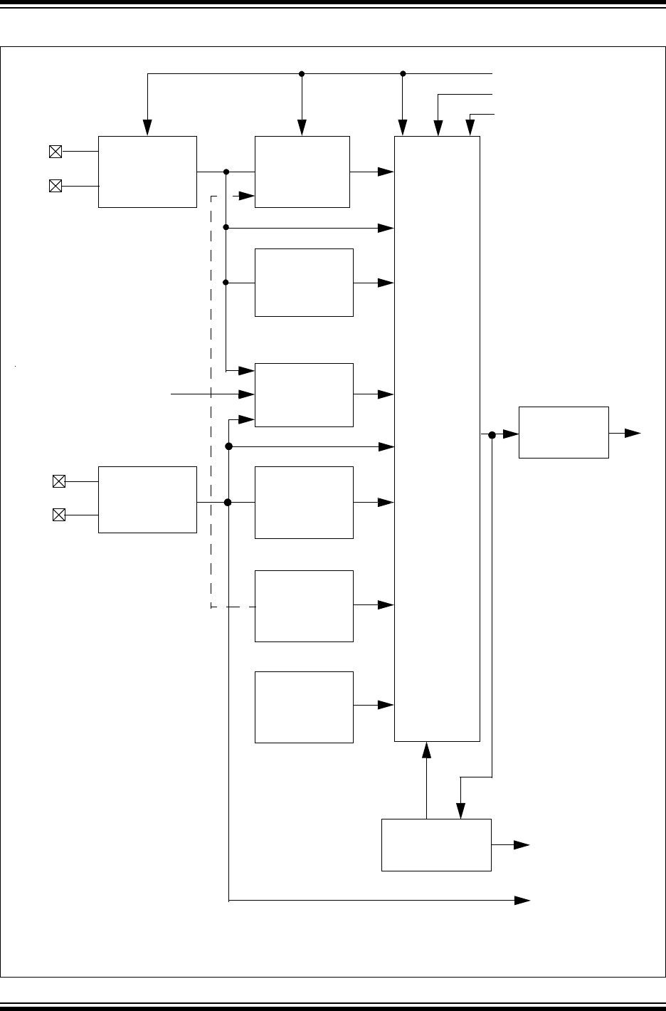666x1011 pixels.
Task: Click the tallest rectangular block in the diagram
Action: click(x=437, y=439)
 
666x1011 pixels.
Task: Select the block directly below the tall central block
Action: click(x=436, y=844)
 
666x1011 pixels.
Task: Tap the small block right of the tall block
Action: click(x=564, y=432)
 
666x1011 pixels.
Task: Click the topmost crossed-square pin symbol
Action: click(x=55, y=151)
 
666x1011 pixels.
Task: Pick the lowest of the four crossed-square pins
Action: click(x=59, y=515)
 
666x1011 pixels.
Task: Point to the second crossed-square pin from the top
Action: click(x=55, y=186)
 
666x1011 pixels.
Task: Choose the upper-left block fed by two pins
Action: click(x=147, y=172)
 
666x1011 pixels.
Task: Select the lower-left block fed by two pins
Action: click(x=147, y=499)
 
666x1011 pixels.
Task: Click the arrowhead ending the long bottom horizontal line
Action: click(x=523, y=901)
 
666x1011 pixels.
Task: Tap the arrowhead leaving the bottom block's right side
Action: click(x=523, y=844)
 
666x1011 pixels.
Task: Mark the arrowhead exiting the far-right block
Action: click(x=633, y=432)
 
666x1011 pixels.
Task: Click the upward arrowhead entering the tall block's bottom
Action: click(x=426, y=750)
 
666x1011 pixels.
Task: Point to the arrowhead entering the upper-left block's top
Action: click(x=147, y=127)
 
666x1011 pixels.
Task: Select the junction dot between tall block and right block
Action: click(x=492, y=434)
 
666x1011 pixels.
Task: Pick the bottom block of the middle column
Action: click(x=304, y=707)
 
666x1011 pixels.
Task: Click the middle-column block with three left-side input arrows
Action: click(x=304, y=394)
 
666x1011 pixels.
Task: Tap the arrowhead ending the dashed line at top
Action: click(x=247, y=195)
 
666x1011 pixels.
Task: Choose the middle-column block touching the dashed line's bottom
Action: click(x=304, y=605)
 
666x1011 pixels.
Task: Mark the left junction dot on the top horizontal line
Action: click(x=302, y=73)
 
